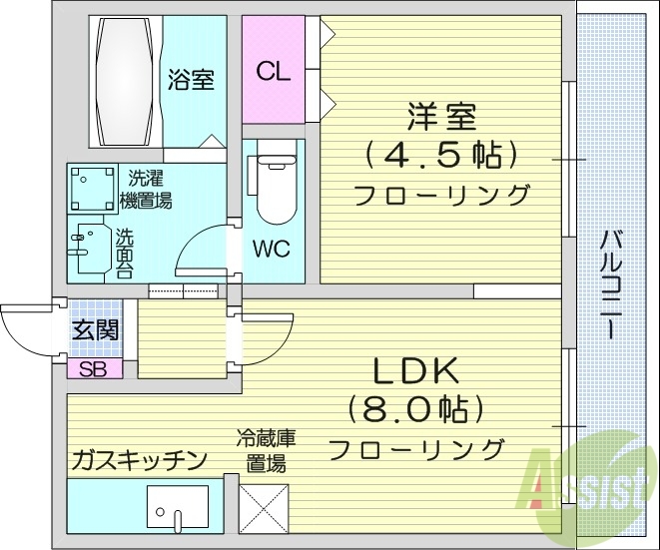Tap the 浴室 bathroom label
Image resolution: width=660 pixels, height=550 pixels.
pos(191,79)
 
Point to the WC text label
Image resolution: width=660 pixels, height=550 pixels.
pos(271,249)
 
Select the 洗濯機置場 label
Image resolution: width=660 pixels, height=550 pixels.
pos(146,190)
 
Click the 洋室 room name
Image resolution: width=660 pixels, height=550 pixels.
pos(439,116)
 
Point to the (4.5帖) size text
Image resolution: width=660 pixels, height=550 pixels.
pos(440,155)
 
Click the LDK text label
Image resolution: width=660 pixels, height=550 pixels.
pos(415,372)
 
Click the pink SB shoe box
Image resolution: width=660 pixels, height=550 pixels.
pos(95,369)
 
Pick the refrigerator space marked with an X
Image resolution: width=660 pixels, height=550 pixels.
pos(264,507)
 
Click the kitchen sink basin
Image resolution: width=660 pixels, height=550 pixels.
pos(178,506)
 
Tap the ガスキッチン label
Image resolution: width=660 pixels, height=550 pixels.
pos(138,460)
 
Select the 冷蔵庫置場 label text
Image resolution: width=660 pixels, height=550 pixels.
pos(265,450)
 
